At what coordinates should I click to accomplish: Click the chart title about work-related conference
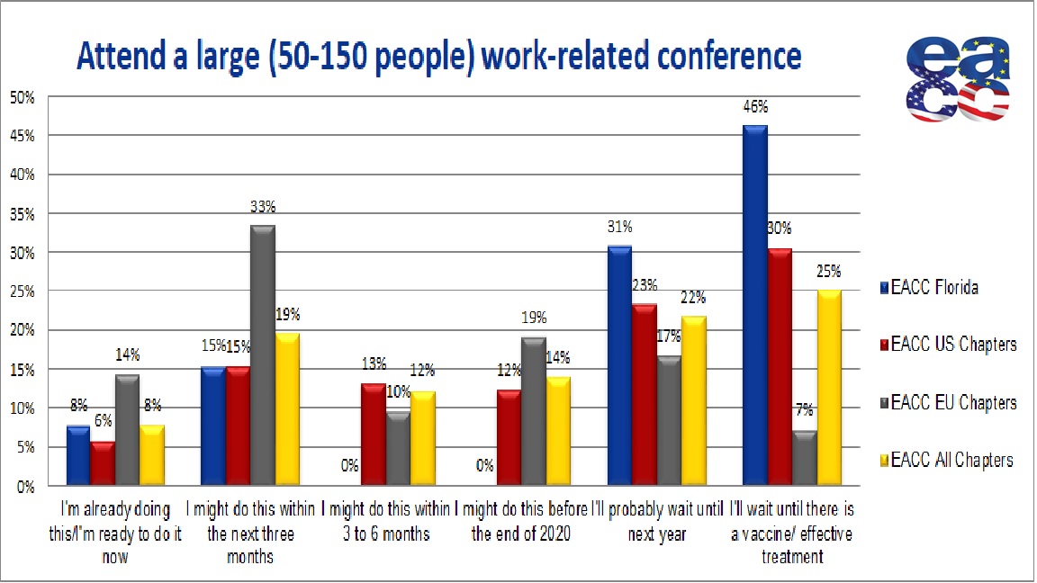click(x=438, y=56)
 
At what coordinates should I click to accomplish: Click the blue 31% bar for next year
click(x=619, y=365)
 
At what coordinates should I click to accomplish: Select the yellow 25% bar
click(x=828, y=388)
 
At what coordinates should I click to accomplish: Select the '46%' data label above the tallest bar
click(x=754, y=107)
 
